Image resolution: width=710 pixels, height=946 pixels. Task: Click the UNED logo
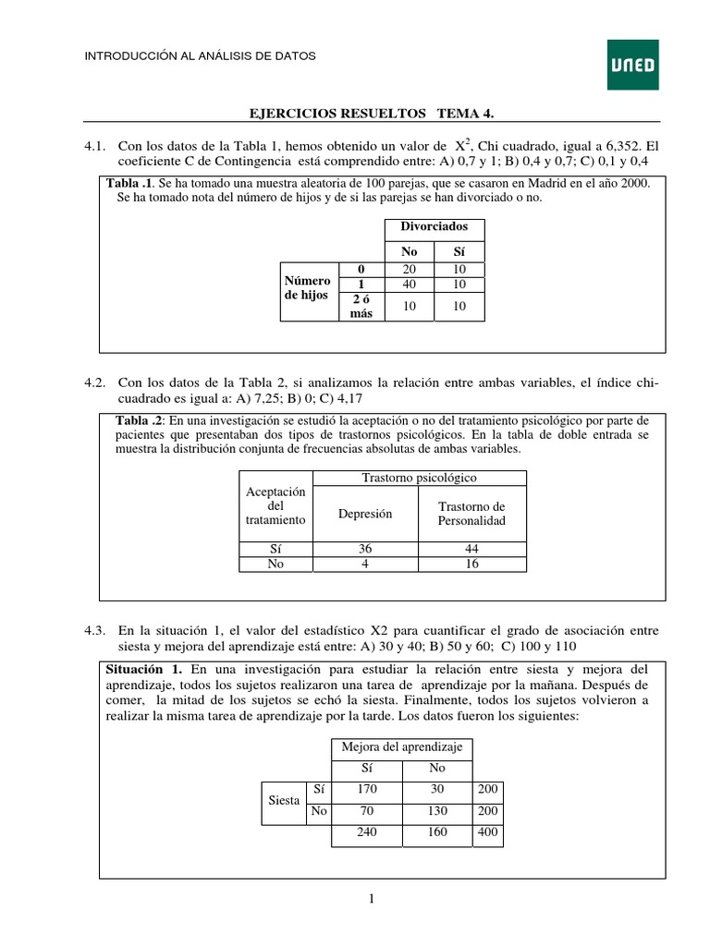[x=632, y=65]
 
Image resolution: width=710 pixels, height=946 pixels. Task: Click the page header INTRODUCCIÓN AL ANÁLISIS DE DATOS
[x=201, y=56]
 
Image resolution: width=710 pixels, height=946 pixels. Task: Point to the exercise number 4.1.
[x=95, y=147]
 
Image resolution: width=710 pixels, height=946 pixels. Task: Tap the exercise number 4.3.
[x=95, y=630]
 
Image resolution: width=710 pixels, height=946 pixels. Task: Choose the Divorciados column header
[x=434, y=226]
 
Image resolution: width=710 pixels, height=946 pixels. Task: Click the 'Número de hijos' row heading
[x=308, y=287]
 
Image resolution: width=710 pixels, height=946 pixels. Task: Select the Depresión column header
[x=365, y=514]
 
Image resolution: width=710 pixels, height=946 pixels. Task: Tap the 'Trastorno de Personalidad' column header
[x=471, y=514]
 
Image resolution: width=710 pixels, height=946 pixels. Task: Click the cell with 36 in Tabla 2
[x=365, y=549]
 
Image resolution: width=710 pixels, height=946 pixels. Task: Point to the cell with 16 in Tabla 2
[x=471, y=564]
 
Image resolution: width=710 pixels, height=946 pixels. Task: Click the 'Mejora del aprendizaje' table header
[x=401, y=747]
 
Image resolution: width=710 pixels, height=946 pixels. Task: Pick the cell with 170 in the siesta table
[x=365, y=789]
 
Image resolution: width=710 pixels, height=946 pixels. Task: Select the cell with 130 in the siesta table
[x=437, y=810]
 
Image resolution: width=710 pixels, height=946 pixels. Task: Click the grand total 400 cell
[x=486, y=832]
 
